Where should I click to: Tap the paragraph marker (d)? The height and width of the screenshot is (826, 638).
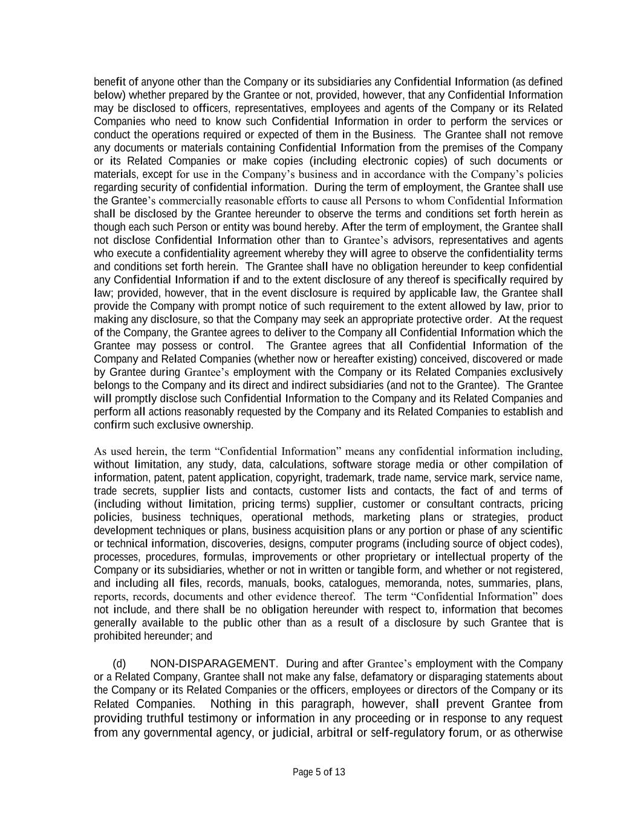(119, 664)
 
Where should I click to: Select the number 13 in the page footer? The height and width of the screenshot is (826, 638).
(340, 772)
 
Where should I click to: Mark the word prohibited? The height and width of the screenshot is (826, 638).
(118, 636)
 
